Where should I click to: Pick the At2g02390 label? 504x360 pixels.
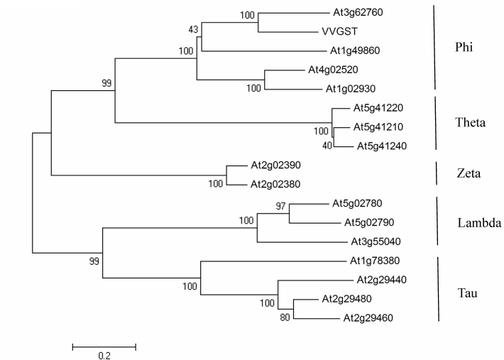click(x=274, y=165)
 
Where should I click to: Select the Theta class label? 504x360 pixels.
click(x=470, y=122)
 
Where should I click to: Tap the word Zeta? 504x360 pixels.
click(x=467, y=172)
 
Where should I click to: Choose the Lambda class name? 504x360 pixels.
click(x=479, y=223)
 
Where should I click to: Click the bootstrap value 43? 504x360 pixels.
click(x=193, y=28)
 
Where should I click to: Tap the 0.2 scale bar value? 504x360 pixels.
click(x=104, y=356)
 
